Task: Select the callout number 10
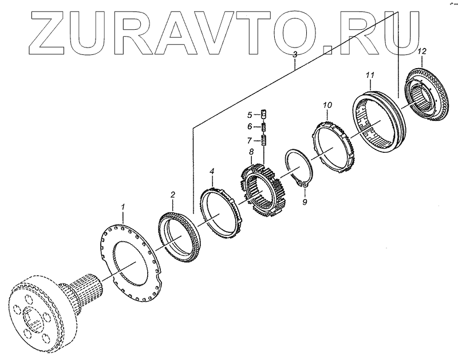coord(327,105)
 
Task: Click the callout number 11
coord(370,75)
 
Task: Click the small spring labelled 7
coord(265,140)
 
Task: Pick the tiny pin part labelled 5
coord(264,115)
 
